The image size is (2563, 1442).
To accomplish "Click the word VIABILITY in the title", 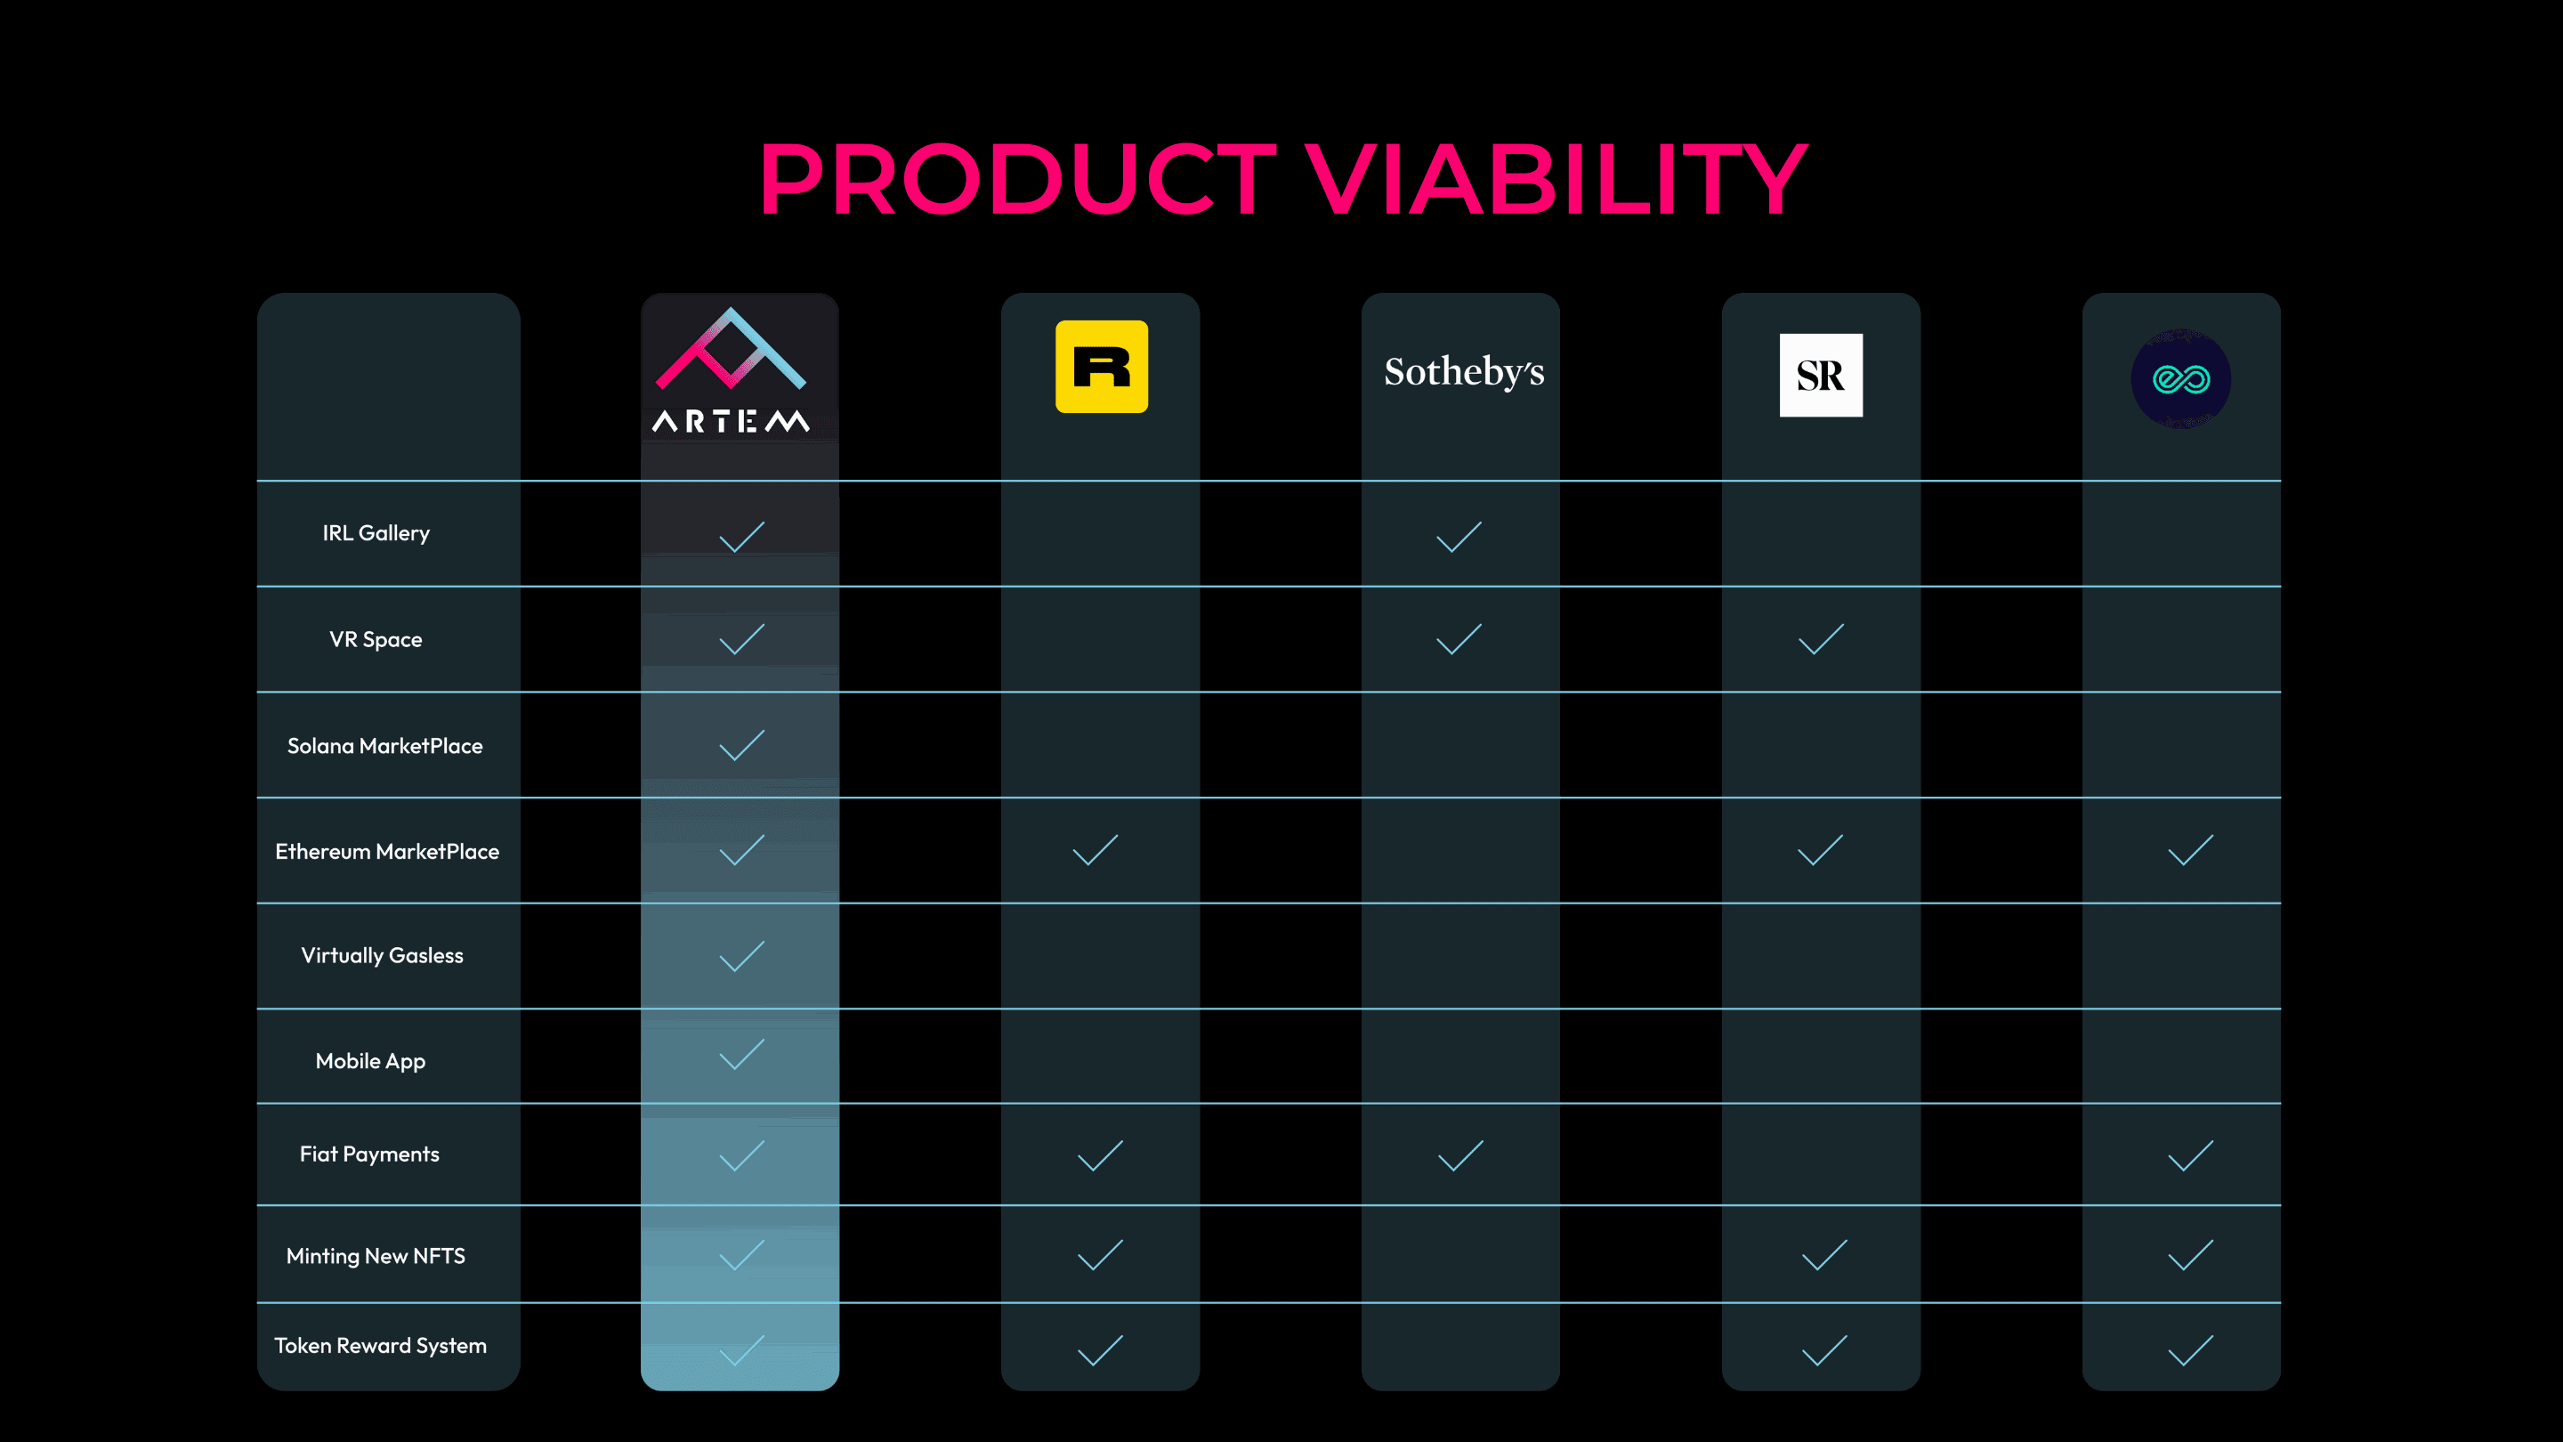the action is coord(1555,178).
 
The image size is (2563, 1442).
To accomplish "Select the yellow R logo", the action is coord(1102,366).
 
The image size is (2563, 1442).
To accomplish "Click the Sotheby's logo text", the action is coord(1464,371).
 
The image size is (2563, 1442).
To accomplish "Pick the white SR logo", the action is coord(1821,375).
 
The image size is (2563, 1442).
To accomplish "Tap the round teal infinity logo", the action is coord(2181,379).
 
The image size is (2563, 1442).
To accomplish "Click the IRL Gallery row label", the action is coord(376,533).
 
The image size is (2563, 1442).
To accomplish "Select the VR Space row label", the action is coord(376,640).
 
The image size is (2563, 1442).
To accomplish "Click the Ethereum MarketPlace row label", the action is coord(387,851).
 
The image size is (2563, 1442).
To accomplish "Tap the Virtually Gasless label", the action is coord(382,955).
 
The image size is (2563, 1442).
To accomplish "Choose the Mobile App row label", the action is coord(370,1061).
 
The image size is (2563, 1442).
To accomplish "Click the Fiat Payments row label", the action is coord(369,1154).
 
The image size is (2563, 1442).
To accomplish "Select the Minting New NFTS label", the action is coord(376,1256).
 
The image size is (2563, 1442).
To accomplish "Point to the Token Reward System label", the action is coord(380,1346).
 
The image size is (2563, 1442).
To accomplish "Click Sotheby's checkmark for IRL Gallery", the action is coord(1459,537).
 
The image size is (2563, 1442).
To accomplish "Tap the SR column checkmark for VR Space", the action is coord(1821,639).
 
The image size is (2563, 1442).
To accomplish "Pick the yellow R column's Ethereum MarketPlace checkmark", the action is coord(1096,850).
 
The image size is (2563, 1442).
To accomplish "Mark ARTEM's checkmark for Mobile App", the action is coord(741,1054).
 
